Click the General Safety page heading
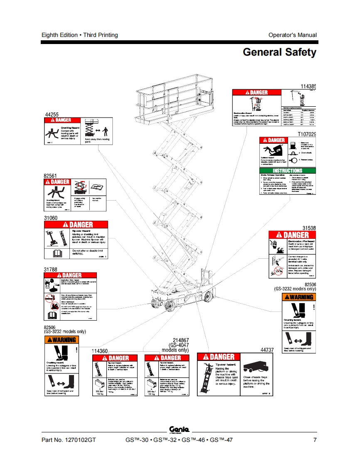(x=279, y=52)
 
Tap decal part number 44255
(x=52, y=114)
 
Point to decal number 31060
(x=51, y=218)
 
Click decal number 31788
(x=51, y=270)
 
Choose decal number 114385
(x=308, y=86)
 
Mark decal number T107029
(x=307, y=134)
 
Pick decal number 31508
(x=309, y=228)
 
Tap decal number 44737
(x=267, y=350)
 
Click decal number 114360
(x=100, y=351)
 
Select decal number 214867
(x=178, y=340)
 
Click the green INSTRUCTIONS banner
(x=287, y=171)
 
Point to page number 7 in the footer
(x=315, y=440)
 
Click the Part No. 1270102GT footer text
(x=69, y=440)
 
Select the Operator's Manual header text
(x=292, y=35)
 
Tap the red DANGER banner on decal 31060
(x=76, y=225)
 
